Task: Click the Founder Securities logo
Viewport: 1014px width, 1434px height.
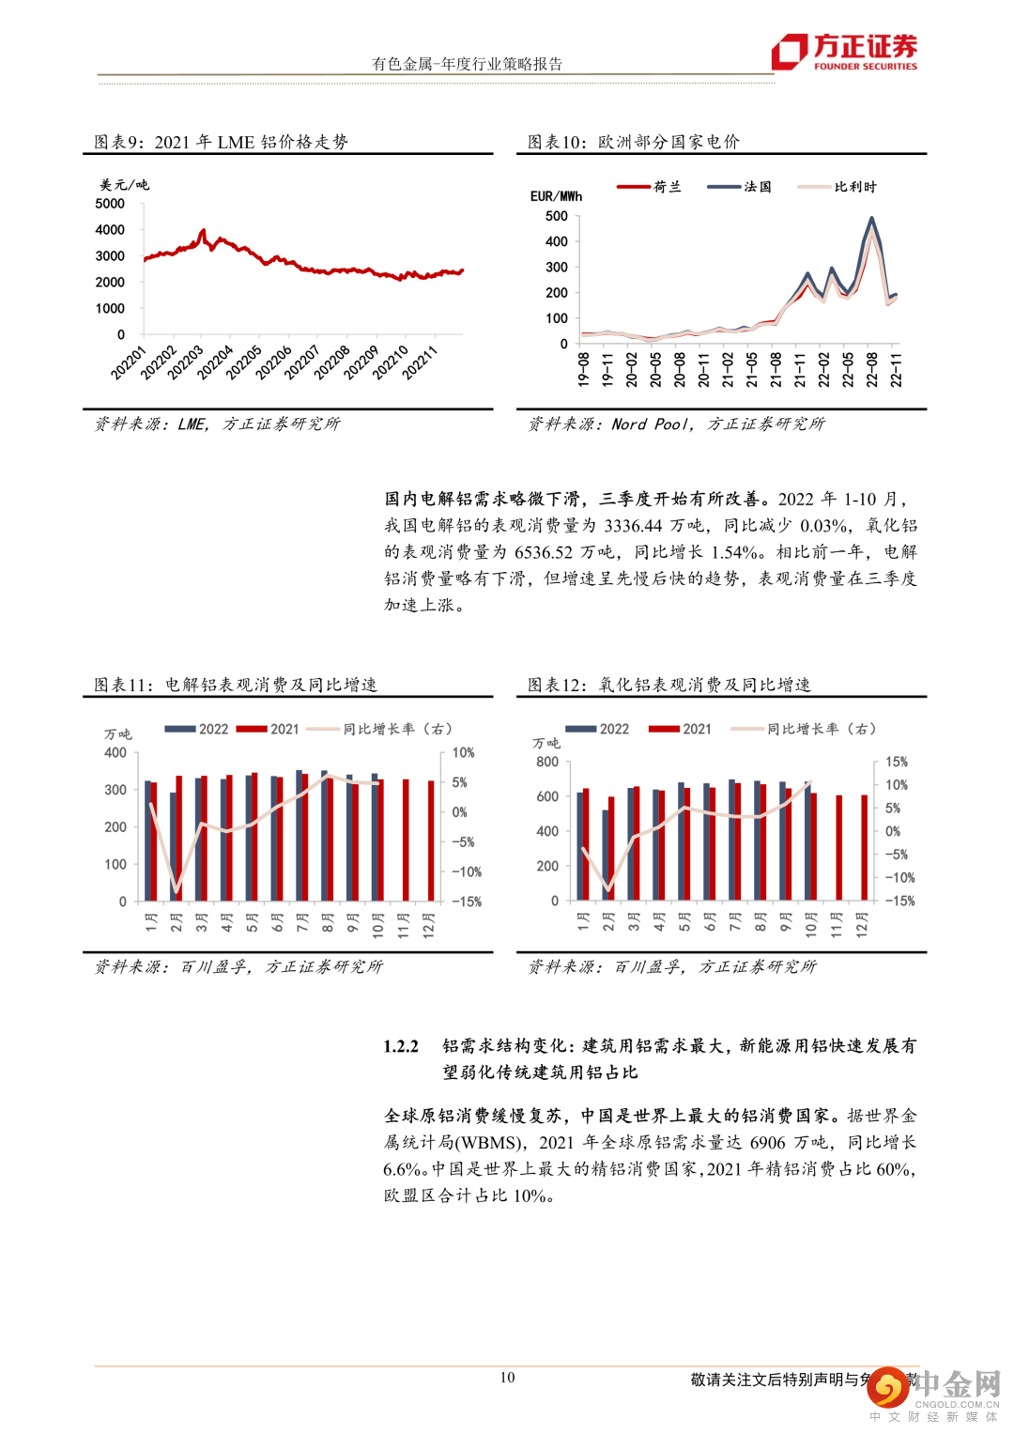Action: pos(844,52)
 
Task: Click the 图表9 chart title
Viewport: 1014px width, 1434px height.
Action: pos(221,142)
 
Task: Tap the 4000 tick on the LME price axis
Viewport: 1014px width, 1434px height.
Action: pos(110,229)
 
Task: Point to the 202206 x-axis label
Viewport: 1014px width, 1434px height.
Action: pos(274,362)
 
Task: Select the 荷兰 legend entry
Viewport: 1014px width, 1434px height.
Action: pos(649,187)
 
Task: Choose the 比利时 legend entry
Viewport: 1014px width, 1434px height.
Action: pos(837,187)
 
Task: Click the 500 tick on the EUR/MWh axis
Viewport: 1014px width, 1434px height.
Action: pos(557,216)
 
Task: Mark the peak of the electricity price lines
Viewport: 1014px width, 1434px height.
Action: pos(872,220)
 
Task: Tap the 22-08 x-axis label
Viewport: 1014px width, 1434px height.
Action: pos(872,369)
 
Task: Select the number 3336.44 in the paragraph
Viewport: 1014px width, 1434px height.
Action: pos(633,526)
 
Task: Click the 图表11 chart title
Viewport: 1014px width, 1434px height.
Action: pos(236,685)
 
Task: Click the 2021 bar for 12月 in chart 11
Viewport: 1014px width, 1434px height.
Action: pos(431,840)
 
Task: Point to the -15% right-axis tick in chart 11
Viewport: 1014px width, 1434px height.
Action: pos(467,902)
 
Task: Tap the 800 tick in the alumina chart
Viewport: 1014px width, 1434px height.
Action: pos(547,762)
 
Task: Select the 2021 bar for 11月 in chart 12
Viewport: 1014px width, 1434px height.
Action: pos(839,847)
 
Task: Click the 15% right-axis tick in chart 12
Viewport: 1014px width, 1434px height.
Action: pos(897,762)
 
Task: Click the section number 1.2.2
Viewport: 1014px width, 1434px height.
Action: pos(401,1046)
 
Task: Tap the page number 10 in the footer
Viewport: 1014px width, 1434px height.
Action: pos(507,1378)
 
